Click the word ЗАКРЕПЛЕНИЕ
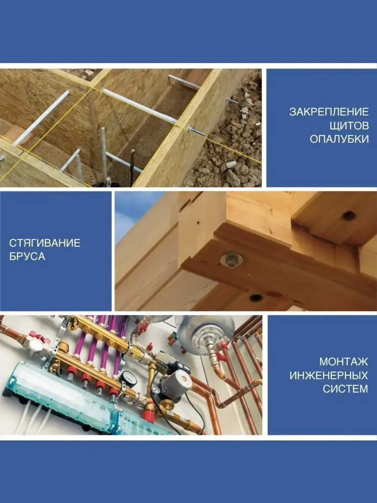coord(329,112)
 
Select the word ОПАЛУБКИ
coord(339,139)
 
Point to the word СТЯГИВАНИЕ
coord(45,243)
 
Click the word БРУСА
coord(27,257)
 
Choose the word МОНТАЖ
coord(343,362)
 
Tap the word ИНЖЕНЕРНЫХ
coord(329,375)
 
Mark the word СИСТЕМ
coord(345,389)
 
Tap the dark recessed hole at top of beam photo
coord(348,215)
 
